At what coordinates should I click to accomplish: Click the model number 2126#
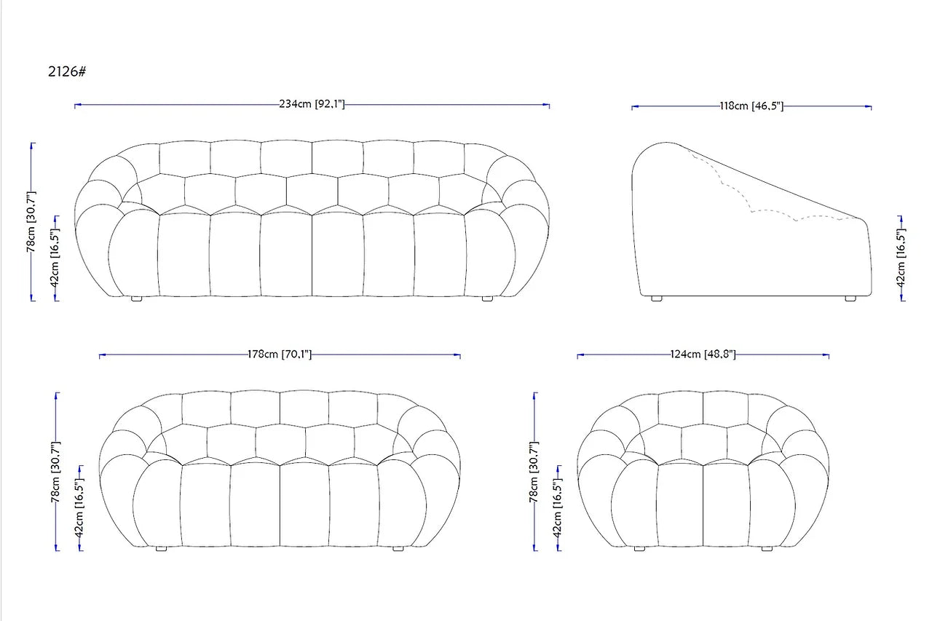coord(67,71)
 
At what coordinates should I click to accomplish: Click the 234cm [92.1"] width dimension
coord(312,104)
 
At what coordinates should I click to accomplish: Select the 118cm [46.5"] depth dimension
coord(752,106)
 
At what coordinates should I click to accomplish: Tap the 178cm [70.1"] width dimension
coord(280,355)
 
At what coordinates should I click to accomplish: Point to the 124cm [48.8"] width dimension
coord(703,355)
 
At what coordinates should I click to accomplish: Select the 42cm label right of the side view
coord(901,258)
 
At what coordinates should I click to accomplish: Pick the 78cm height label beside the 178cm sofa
coord(56,472)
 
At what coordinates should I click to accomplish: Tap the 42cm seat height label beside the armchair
coord(558,507)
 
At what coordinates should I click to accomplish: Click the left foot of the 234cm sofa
coord(136,298)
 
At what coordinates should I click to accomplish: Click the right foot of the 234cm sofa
coord(487,298)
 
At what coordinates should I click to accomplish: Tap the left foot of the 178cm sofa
coord(161,549)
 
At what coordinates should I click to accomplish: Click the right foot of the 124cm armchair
coord(767,549)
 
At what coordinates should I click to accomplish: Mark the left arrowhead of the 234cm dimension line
coord(77,106)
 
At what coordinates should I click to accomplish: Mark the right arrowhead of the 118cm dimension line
coord(869,107)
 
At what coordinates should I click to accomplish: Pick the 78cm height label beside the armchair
coord(534,472)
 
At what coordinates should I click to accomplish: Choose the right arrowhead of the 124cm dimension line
coord(826,355)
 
